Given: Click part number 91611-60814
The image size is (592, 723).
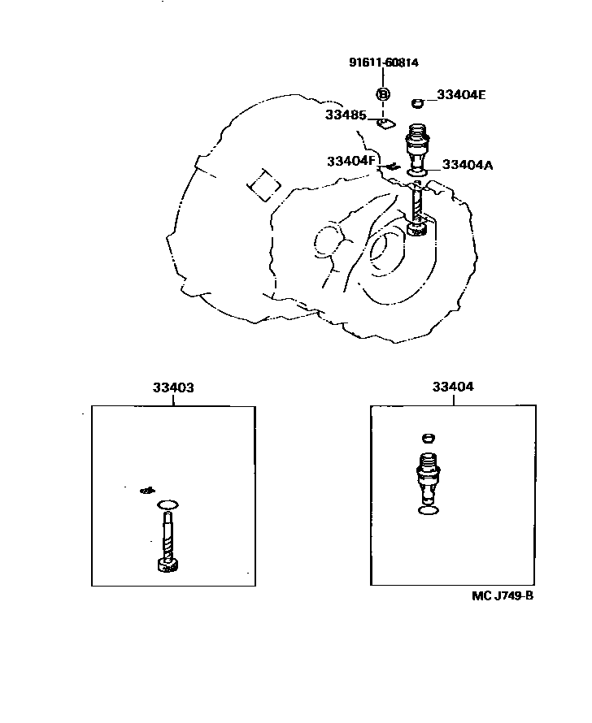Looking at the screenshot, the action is coord(385,63).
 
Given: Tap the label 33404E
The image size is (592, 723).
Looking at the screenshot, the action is coord(460,95).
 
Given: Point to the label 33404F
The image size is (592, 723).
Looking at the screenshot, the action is coord(351,160).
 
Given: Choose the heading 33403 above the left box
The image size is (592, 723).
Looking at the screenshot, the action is coord(172,387).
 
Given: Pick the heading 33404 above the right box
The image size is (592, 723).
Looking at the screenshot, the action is coord(452,387).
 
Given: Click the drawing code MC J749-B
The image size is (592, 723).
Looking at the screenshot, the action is coord(502,595).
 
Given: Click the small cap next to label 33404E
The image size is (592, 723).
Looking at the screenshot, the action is coord(418,102).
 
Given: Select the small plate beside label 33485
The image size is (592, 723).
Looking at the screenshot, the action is coord(385,123).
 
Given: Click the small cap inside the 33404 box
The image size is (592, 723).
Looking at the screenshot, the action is coord(429,439).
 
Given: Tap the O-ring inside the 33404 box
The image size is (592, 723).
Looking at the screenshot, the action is coord(429,509).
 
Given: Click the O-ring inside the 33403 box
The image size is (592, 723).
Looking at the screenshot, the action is coord(168,504).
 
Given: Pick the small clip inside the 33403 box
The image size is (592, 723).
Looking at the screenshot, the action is coord(147,489).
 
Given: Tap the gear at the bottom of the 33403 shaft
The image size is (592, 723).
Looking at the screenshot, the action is coord(167,565).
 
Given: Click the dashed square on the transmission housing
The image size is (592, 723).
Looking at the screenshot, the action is coord(263,184).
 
